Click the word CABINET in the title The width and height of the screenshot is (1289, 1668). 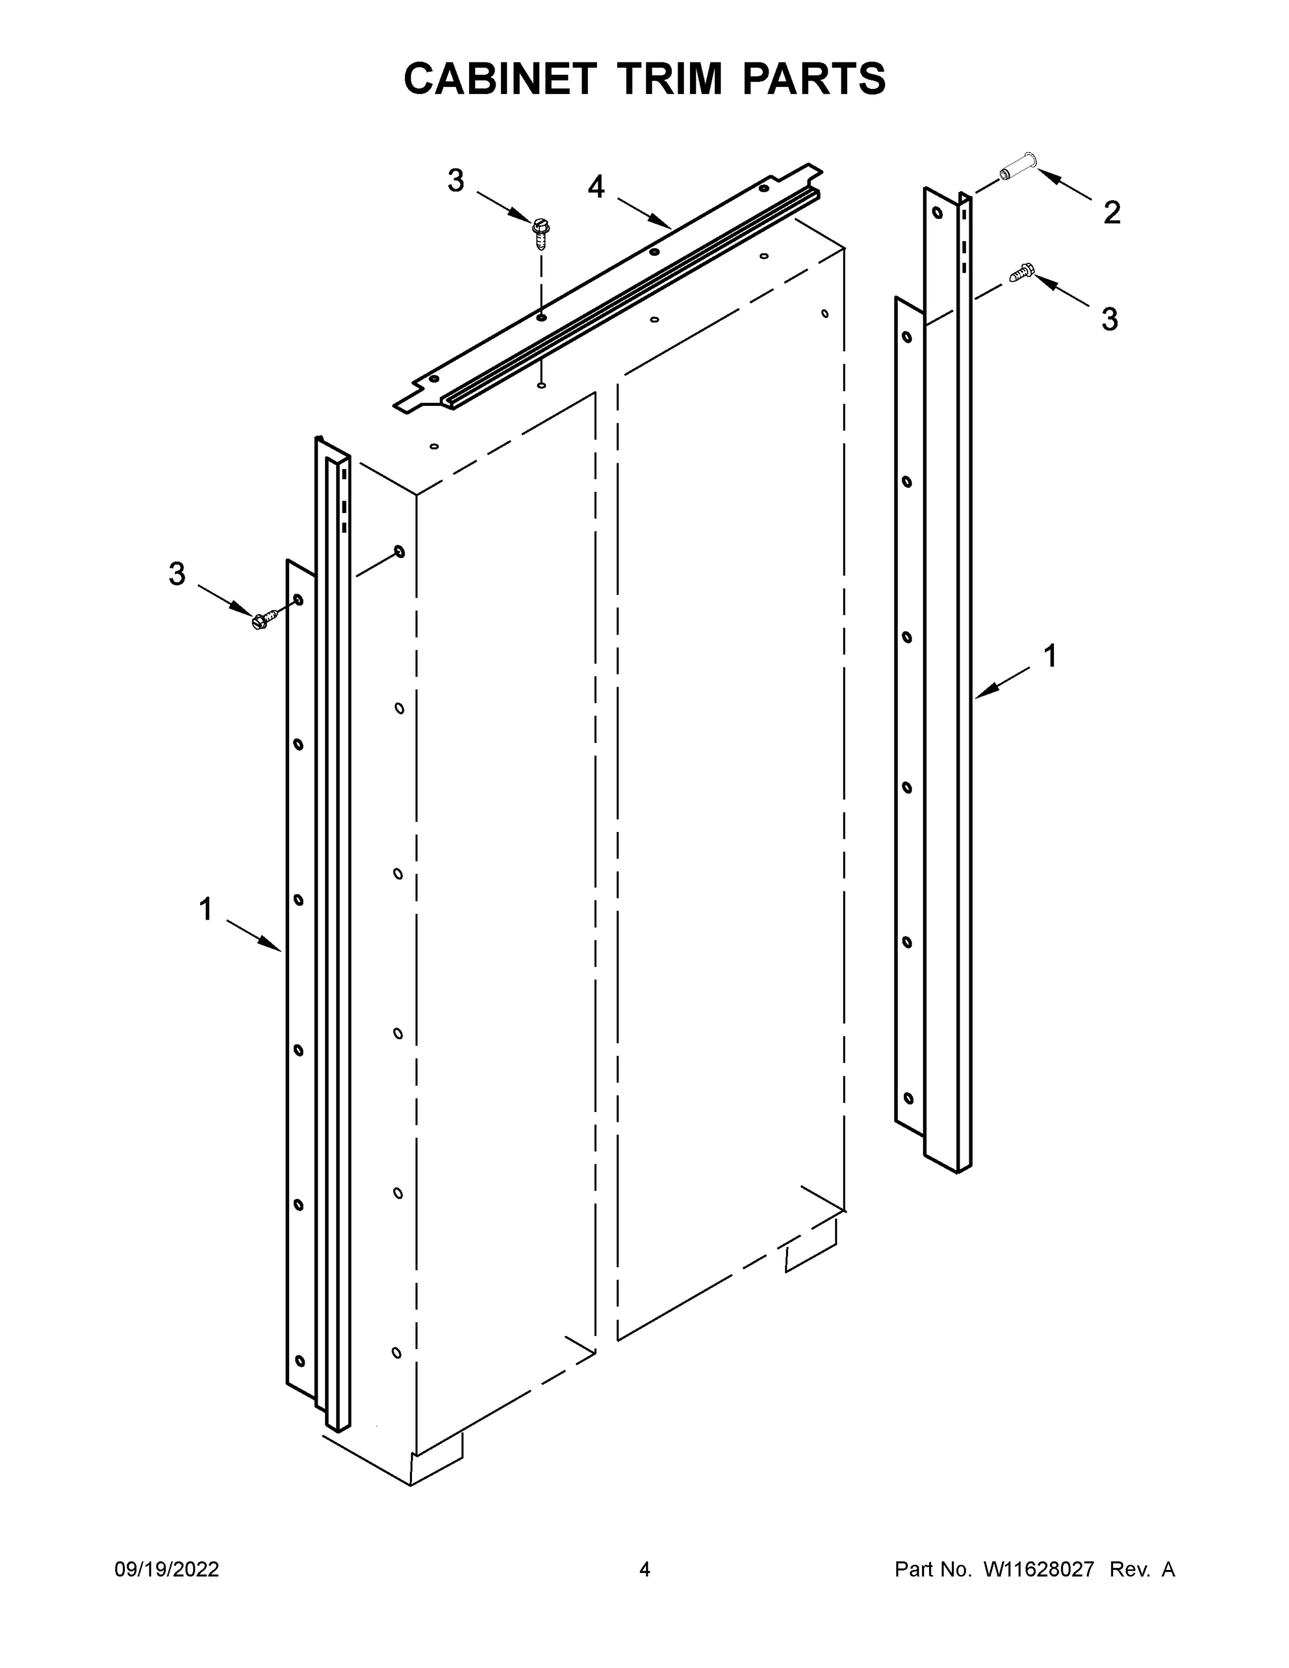(500, 79)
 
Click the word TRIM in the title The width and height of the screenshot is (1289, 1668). (669, 79)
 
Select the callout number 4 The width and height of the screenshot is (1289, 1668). (596, 187)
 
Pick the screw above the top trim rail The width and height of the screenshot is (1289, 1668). (541, 234)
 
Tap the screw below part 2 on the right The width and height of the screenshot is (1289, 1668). (1021, 272)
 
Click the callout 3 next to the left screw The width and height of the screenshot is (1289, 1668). (177, 574)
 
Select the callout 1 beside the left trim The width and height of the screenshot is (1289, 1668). (206, 910)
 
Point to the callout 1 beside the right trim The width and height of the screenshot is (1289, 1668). (1050, 656)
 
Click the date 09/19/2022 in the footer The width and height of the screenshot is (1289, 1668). (167, 1569)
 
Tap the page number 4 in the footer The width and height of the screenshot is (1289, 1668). (645, 1569)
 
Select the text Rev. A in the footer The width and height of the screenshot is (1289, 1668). (1142, 1569)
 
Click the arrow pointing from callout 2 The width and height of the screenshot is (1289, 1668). (1065, 186)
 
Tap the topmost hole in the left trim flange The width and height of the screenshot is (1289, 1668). (299, 600)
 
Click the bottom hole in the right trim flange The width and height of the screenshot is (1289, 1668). (908, 1098)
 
